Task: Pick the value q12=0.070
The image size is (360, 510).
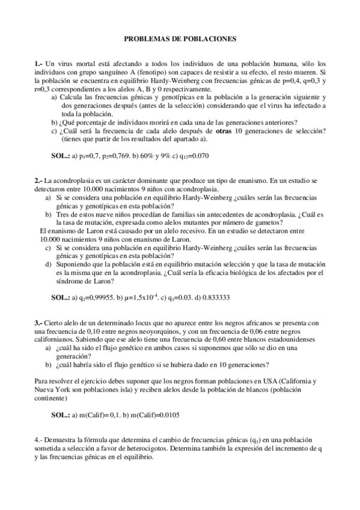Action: point(192,155)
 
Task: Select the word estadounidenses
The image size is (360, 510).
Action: point(274,340)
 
